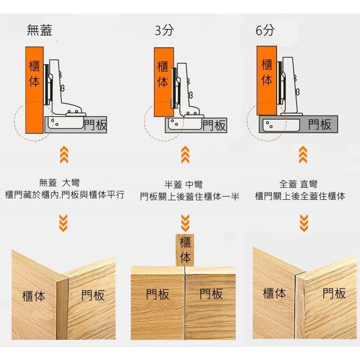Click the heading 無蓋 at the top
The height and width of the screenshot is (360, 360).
coord(40,30)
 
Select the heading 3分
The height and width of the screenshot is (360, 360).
coord(164,30)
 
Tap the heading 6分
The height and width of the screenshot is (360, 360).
coord(265,30)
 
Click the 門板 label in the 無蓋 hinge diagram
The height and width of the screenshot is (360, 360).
coord(95,125)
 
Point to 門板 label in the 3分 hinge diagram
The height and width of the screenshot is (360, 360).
coord(214,125)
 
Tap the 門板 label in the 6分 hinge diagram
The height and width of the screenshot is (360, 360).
coord(320,125)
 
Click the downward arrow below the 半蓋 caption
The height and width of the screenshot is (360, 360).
coord(185,222)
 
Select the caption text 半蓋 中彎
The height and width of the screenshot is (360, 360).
coord(183,185)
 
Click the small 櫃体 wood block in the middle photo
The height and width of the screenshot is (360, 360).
coord(185,250)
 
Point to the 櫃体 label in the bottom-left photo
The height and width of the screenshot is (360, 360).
coord(34,296)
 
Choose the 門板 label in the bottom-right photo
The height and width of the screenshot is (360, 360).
coord(334,293)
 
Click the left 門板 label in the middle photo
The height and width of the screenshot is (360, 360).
coord(157,294)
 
